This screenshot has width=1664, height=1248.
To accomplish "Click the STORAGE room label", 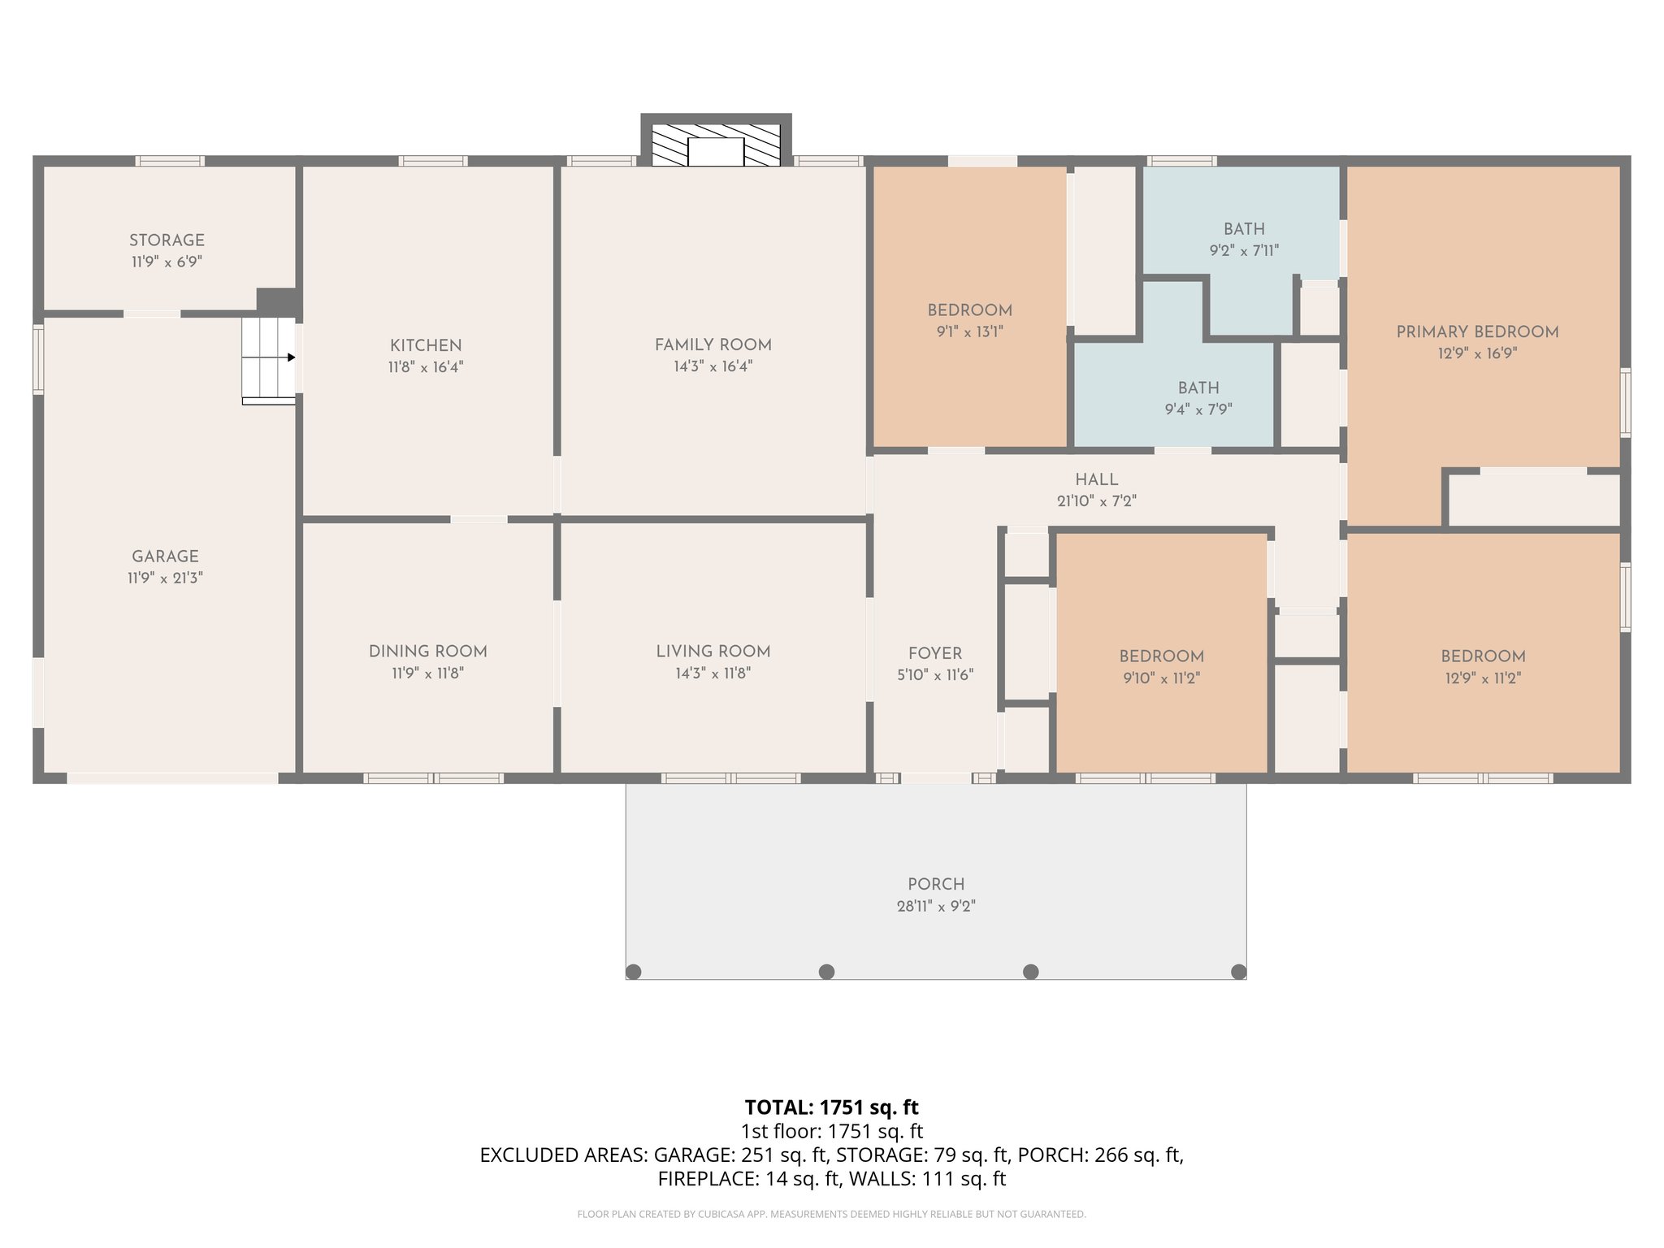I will pos(167,240).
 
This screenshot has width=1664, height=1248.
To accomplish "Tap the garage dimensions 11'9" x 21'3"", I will pos(165,578).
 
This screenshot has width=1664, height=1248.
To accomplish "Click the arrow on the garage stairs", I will pos(289,357).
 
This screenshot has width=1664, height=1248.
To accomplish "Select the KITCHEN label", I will pos(425,345).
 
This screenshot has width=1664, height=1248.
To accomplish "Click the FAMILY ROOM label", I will pos(713,344).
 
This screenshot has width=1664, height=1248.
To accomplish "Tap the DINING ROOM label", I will pos(427,651).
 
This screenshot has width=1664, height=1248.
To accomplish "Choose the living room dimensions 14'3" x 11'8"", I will pos(713,674).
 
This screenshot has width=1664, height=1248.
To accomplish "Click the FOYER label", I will pos(934,653).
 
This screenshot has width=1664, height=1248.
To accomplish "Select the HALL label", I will pos(1096,479).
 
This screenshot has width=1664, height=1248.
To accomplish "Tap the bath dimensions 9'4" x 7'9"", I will pos(1198,409).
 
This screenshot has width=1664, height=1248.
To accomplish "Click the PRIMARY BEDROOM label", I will pos(1477,331).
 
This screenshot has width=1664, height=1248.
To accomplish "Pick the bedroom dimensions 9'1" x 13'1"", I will pos(969,331).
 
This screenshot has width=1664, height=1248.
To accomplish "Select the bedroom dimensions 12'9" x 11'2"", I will pos(1482,678).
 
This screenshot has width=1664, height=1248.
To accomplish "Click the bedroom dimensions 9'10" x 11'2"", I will pos(1161,678).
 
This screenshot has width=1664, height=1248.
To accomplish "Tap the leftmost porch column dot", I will pos(635,972).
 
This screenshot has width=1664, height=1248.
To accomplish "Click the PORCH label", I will pos(936,884).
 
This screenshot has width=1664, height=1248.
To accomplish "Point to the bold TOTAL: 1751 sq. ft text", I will pos(831,1107).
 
